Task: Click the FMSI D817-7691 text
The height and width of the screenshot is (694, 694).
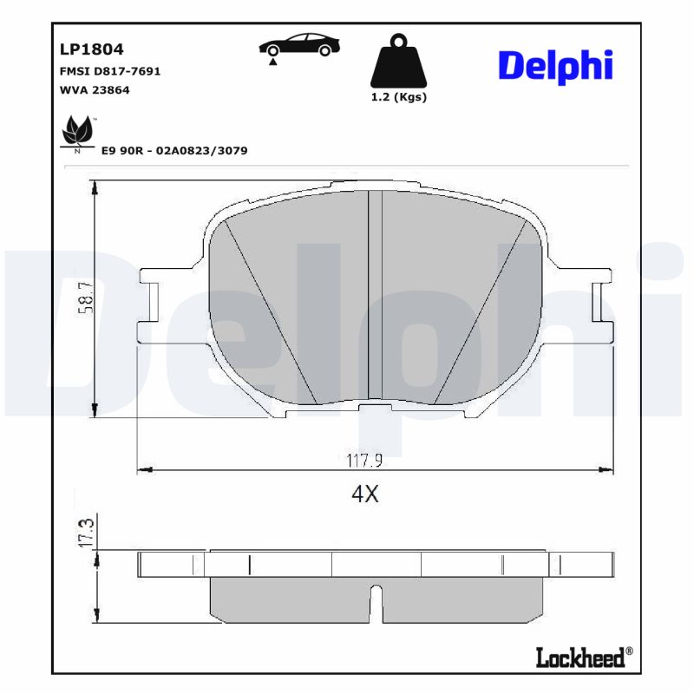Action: (109, 71)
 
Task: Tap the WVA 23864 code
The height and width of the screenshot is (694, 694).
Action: (95, 89)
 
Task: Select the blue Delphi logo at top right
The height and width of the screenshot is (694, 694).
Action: (556, 64)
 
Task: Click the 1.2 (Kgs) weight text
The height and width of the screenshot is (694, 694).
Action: (398, 97)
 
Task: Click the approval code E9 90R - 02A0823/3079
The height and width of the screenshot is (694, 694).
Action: (174, 150)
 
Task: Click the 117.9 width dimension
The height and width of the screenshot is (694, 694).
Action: (365, 461)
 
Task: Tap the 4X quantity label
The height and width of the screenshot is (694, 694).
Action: (365, 494)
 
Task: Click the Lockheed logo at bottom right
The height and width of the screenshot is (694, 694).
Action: (580, 658)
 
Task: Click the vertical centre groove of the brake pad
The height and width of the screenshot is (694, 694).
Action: (376, 295)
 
